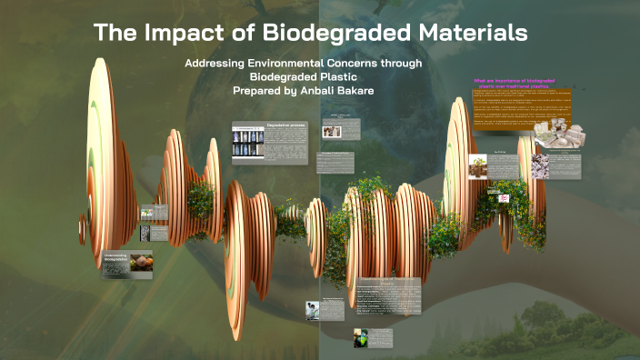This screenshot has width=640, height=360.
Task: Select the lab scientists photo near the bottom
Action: [x=313, y=310]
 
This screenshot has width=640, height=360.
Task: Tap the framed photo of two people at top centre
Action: [x=332, y=131]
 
